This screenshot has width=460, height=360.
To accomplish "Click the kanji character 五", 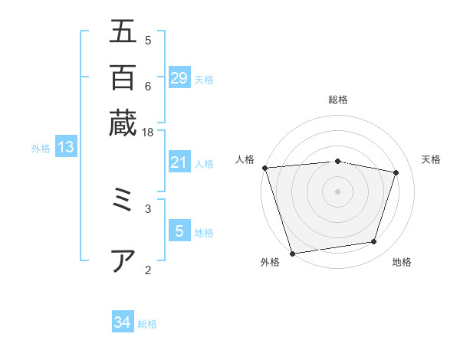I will pos(123,31).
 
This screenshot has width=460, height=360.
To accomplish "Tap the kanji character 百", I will pos(123,77).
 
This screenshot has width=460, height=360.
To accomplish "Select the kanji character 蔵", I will pos(123,122).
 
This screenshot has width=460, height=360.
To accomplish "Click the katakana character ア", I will pos(123,260).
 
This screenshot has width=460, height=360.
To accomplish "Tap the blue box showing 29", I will pos(179,78).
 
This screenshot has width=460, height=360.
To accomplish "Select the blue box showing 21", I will pos(179,162).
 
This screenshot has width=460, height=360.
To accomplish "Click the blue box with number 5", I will pos(179,231).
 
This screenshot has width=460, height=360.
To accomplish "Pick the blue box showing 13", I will pos(66,147).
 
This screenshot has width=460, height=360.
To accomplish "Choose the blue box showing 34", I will pos(123,322).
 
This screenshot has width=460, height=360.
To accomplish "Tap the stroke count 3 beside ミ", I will pos(147,207).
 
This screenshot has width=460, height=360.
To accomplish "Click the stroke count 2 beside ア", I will pos(147,269).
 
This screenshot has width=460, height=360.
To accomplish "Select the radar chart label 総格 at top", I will pos(337,100).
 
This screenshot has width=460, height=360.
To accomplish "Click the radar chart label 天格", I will pos(432,159).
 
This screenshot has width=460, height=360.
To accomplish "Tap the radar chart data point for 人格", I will pos(264,168).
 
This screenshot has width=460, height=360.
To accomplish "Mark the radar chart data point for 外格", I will pos(293,253).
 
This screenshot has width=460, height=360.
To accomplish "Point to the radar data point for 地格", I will pos(374,242).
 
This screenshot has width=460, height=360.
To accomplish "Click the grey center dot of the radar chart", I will pos(337,191).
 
